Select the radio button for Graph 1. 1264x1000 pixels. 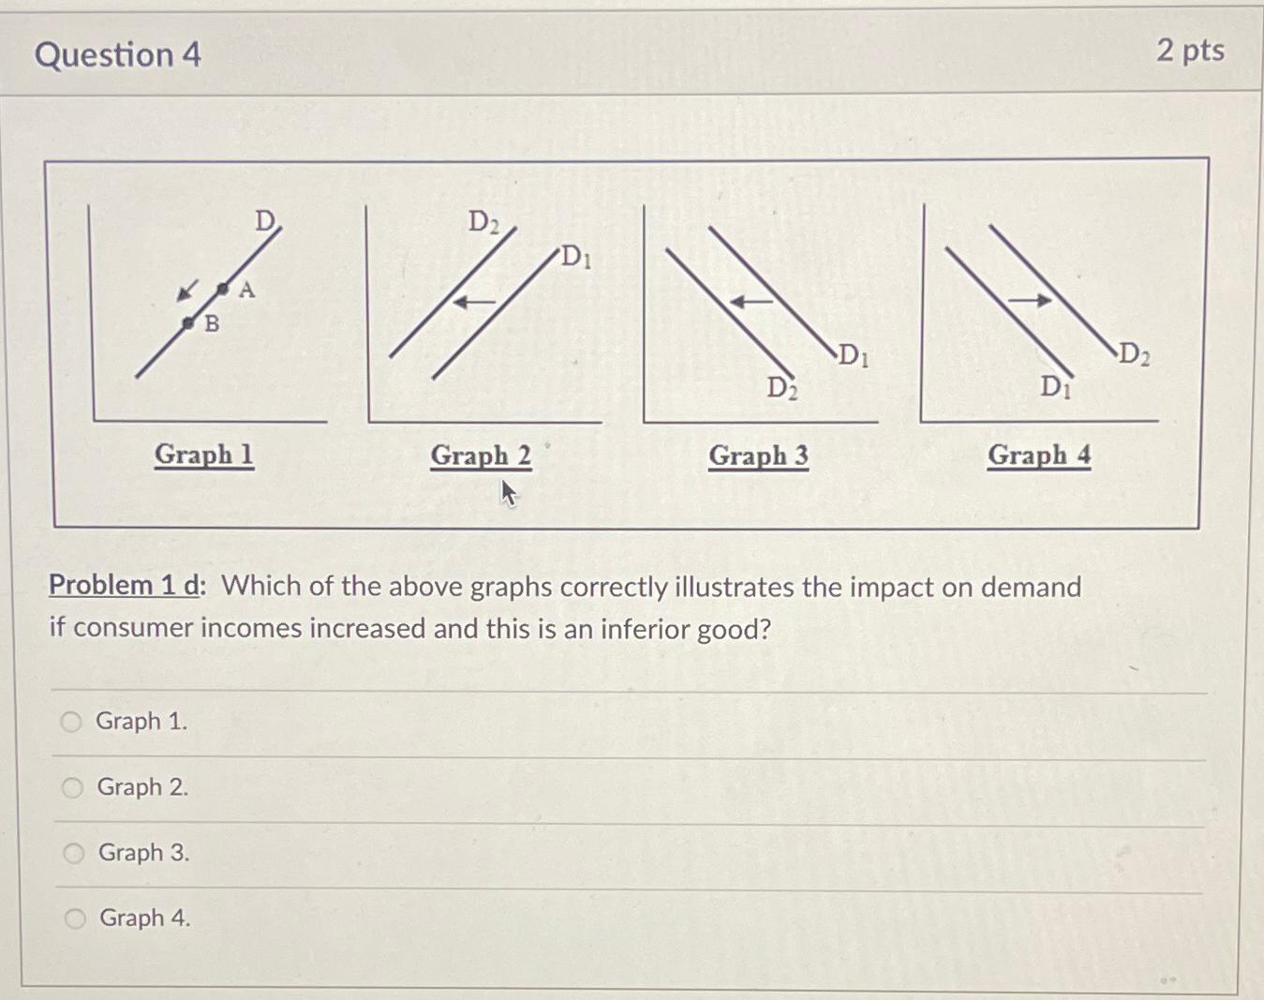coord(71,722)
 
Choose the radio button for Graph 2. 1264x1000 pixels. coord(72,787)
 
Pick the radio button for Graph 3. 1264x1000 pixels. coord(74,853)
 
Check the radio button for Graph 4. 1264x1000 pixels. coord(75,918)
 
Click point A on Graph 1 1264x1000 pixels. coord(223,289)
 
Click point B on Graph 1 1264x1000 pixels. coord(188,323)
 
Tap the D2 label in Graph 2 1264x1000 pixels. coord(483,222)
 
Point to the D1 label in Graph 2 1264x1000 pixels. coord(575,256)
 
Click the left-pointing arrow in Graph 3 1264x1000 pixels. coord(751,302)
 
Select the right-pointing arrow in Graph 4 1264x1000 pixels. coord(1030,300)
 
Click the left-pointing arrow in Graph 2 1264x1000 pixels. coord(474,302)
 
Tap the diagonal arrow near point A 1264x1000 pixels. coord(188,291)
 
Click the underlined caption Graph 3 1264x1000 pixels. coord(758,455)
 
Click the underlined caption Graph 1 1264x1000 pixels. coord(203,455)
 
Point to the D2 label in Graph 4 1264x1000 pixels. coord(1134,354)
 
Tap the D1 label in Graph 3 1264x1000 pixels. coord(853,355)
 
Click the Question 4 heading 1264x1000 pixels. coord(118,54)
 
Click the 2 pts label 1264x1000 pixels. coord(1190,50)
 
